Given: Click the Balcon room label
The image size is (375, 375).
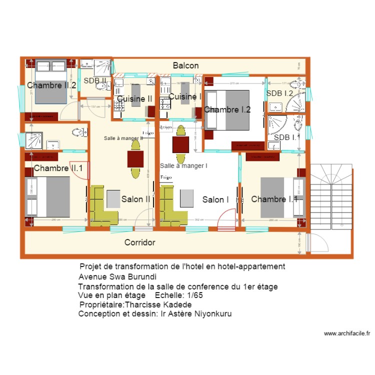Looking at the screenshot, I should tap(186, 65).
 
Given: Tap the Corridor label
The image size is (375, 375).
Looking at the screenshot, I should tap(139, 242).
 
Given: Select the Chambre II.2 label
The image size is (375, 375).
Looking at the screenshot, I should tap(51, 85).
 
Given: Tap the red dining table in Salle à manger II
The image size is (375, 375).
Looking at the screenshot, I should tap(135, 158).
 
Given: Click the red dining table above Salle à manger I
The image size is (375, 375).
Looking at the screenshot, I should tap(180, 144).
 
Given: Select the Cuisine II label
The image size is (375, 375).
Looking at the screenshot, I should tap(134, 99).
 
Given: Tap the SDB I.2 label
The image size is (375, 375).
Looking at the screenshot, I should tap(279, 93).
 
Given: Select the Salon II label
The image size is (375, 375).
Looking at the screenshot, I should tap(136, 199).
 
